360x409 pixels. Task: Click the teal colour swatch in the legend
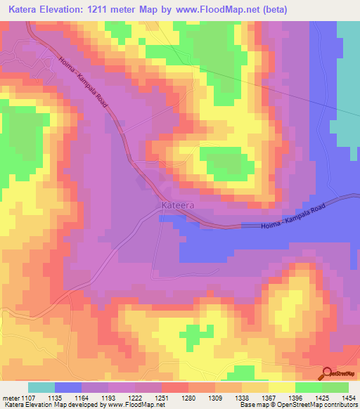[x=41, y=387]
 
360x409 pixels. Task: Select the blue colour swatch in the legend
[x=68, y=387]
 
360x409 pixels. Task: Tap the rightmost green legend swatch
[x=335, y=387]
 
